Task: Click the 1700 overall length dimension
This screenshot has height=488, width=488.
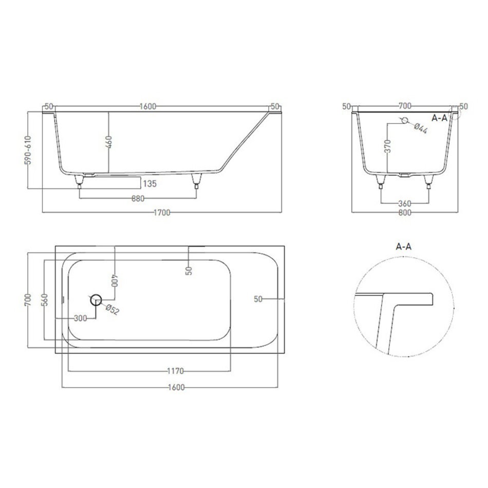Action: click(162, 213)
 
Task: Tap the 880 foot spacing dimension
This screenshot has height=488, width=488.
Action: click(138, 199)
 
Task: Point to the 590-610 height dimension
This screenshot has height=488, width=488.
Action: click(28, 150)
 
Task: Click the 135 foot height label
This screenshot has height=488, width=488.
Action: click(149, 183)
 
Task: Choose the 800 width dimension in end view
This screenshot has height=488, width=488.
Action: click(405, 213)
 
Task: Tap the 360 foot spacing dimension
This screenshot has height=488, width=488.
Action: click(405, 204)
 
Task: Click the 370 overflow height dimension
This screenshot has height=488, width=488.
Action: click(388, 146)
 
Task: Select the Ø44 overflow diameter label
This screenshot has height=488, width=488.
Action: click(421, 128)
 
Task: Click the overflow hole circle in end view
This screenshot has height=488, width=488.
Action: click(405, 120)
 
